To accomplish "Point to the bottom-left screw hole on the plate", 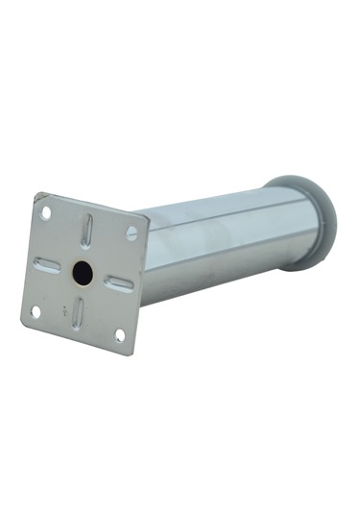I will [x=36, y=311].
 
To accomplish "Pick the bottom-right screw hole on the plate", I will [x=120, y=334].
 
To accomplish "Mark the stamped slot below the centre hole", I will [x=79, y=310].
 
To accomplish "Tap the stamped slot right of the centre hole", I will [x=119, y=283].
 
